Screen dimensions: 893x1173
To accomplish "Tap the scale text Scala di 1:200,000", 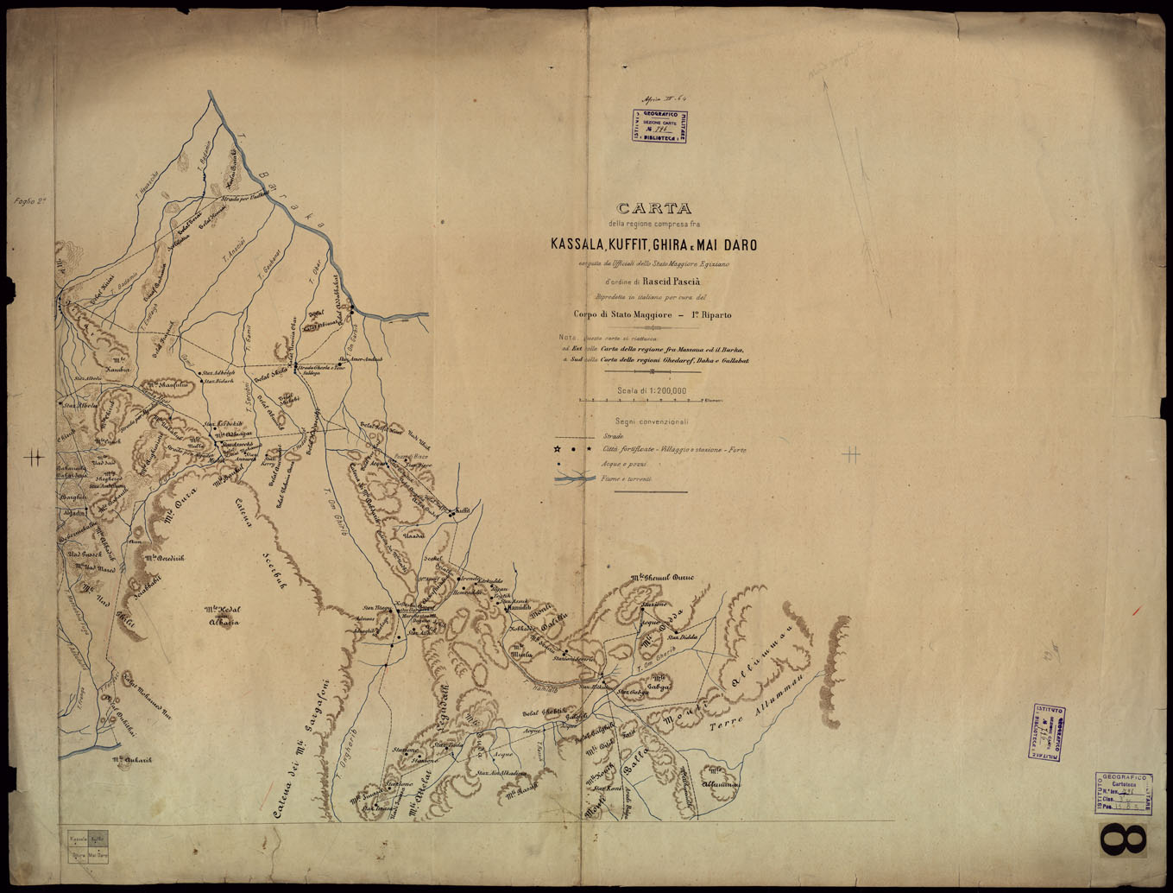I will coord(652,390).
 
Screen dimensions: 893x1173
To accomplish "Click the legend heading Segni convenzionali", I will coord(652,421).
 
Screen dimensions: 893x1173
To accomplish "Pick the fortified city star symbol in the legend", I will coord(558,450).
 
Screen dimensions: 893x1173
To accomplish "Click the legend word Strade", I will coord(613,437).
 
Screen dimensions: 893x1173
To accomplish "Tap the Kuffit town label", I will coord(462,510).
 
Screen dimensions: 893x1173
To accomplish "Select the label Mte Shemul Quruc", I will coord(662,577).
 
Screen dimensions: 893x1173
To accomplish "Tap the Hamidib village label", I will coord(519,609).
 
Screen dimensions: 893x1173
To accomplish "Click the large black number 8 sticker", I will coord(1123,840).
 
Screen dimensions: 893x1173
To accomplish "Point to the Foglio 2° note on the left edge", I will coord(29,201).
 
